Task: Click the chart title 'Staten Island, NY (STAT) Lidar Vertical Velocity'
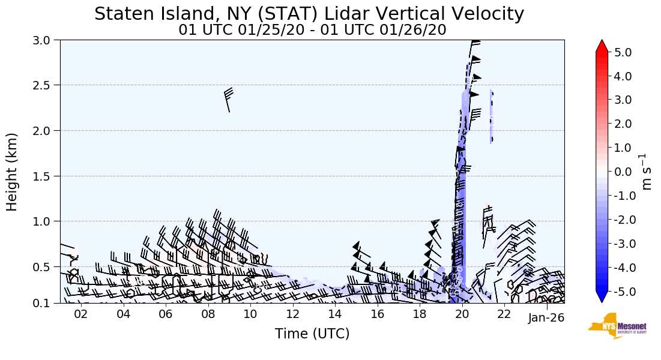click(309, 14)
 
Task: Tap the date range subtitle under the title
click(312, 30)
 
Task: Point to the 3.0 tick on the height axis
click(47, 40)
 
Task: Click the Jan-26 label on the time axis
click(546, 318)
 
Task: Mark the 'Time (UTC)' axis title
click(312, 334)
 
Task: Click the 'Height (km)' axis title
click(12, 172)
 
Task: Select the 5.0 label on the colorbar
click(623, 52)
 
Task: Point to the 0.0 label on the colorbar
click(623, 172)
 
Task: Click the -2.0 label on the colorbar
click(621, 220)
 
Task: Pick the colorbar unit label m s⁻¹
click(647, 172)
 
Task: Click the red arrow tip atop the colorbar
click(602, 45)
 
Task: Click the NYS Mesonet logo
click(617, 326)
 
